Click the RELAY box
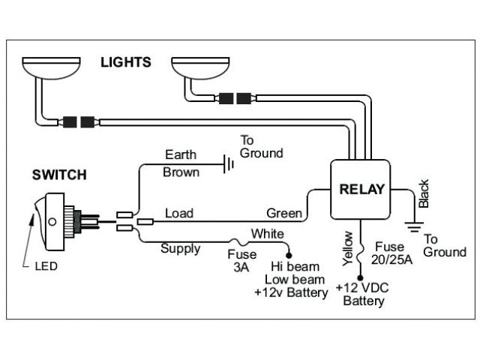[x=360, y=190]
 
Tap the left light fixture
[x=51, y=67]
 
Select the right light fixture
[x=200, y=67]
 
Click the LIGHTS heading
[x=126, y=62]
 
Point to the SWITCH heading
[x=59, y=175]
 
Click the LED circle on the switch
[x=52, y=222]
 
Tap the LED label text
[x=46, y=266]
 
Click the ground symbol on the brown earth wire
[x=229, y=164]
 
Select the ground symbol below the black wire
[x=414, y=226]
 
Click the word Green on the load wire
[x=284, y=213]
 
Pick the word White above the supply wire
[x=268, y=234]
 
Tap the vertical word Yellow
[x=347, y=248]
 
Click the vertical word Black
[x=424, y=193]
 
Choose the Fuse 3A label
[x=241, y=261]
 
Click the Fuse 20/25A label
[x=391, y=253]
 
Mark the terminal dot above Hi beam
[x=288, y=255]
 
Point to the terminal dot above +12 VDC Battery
[x=360, y=278]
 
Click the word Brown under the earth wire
[x=181, y=172]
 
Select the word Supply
[x=180, y=249]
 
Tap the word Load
[x=179, y=213]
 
